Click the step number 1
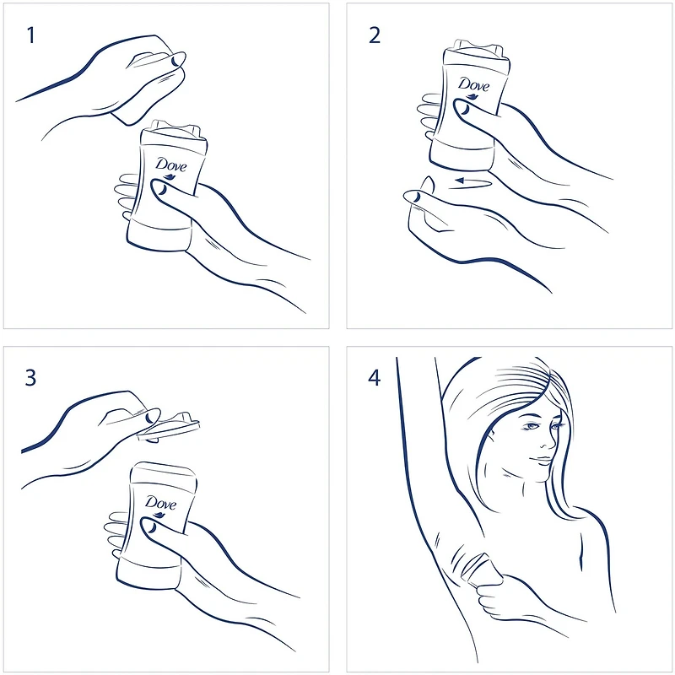pos(30,35)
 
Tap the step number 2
pos(375,35)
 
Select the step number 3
pos(30,377)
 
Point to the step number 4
pos(374,377)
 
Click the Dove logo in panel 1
pos(171,167)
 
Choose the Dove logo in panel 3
pos(160,505)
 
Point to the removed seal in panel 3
pos(169,427)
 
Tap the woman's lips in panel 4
pos(543,460)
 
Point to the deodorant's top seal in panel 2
pos(478,47)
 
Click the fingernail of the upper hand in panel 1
pos(175,61)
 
